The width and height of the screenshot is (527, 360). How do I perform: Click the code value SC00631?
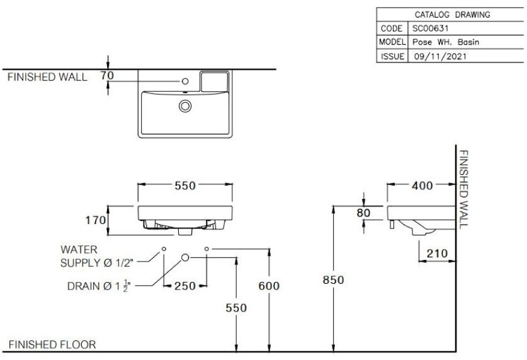430,28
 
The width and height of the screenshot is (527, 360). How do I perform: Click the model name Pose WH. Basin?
446,42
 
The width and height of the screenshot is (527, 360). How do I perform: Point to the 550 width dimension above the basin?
184,185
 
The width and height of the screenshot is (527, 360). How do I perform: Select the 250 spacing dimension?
184,286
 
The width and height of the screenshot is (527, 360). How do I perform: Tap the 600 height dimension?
269,286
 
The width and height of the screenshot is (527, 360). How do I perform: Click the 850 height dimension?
332,280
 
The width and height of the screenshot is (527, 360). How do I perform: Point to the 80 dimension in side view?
363,213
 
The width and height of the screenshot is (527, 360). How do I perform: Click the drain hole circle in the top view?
184,106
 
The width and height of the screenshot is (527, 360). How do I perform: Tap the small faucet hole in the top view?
185,81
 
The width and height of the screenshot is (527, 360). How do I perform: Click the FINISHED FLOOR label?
52,344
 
